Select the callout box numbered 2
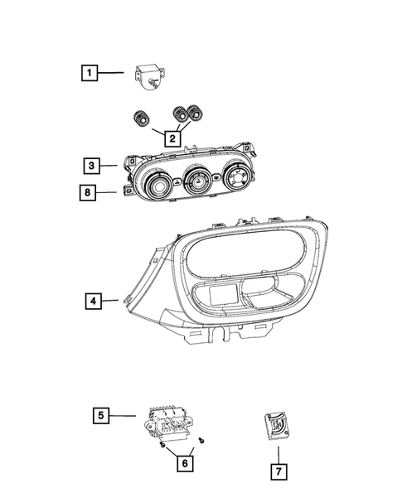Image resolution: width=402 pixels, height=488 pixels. click(x=172, y=138)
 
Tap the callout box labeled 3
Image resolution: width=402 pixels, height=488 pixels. click(x=91, y=164)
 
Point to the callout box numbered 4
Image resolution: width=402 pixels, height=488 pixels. click(x=91, y=302)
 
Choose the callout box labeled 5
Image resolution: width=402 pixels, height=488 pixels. click(x=99, y=414)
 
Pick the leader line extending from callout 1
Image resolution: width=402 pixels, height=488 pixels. click(x=114, y=74)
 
